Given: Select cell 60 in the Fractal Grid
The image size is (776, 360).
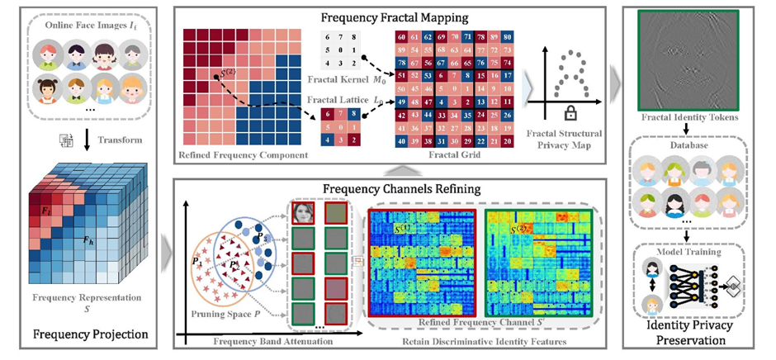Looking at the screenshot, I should click(x=401, y=38).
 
